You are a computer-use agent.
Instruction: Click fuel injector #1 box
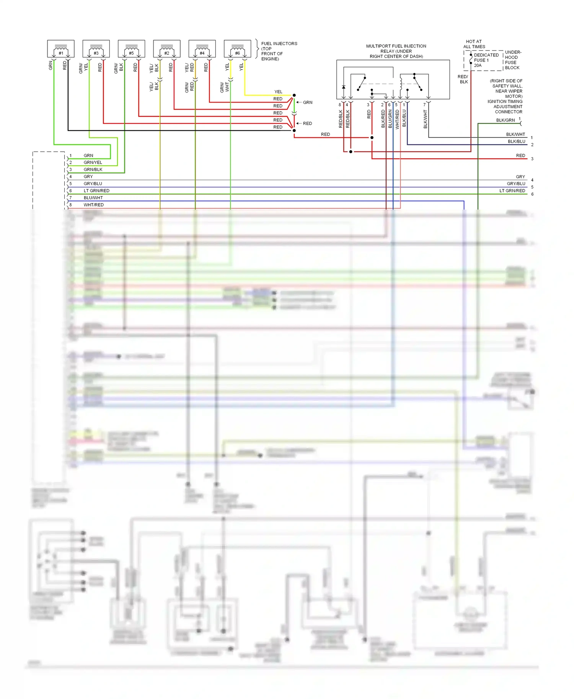[x=60, y=49]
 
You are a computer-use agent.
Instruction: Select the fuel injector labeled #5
[x=131, y=49]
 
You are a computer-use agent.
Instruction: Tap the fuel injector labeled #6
[x=237, y=49]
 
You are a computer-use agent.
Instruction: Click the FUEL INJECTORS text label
[x=279, y=44]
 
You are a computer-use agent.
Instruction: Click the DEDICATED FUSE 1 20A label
[x=486, y=60]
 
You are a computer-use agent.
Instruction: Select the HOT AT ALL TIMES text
[x=474, y=44]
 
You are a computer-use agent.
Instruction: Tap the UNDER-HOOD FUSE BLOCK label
[x=513, y=60]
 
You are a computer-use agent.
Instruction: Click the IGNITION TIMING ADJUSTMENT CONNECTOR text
[x=505, y=107]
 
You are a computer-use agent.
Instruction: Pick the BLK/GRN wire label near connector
[x=505, y=120]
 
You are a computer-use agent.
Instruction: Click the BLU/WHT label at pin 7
[x=93, y=198]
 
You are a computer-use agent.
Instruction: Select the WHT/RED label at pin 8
[x=93, y=205]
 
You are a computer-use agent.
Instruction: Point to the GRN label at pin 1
[x=88, y=156]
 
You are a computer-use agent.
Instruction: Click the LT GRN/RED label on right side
[x=512, y=191]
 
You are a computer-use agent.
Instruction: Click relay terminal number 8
[x=339, y=105]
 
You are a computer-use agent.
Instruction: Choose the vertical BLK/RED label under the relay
[x=383, y=119]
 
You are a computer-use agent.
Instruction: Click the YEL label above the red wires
[x=278, y=92]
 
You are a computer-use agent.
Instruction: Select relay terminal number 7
[x=424, y=105]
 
